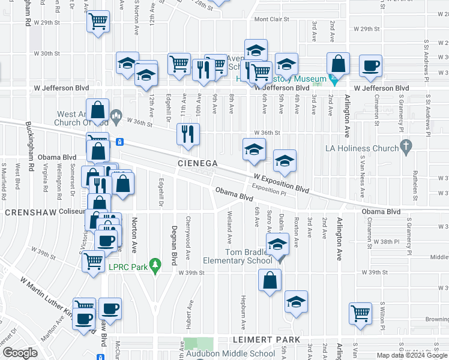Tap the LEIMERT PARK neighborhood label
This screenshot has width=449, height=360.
266,340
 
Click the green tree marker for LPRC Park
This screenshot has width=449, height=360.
155,264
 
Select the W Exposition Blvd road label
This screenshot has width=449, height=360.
281,183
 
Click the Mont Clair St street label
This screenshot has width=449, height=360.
273,19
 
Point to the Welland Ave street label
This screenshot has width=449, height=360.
229,223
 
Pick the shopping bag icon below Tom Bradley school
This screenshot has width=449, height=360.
270,280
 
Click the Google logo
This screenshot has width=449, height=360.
20,353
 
